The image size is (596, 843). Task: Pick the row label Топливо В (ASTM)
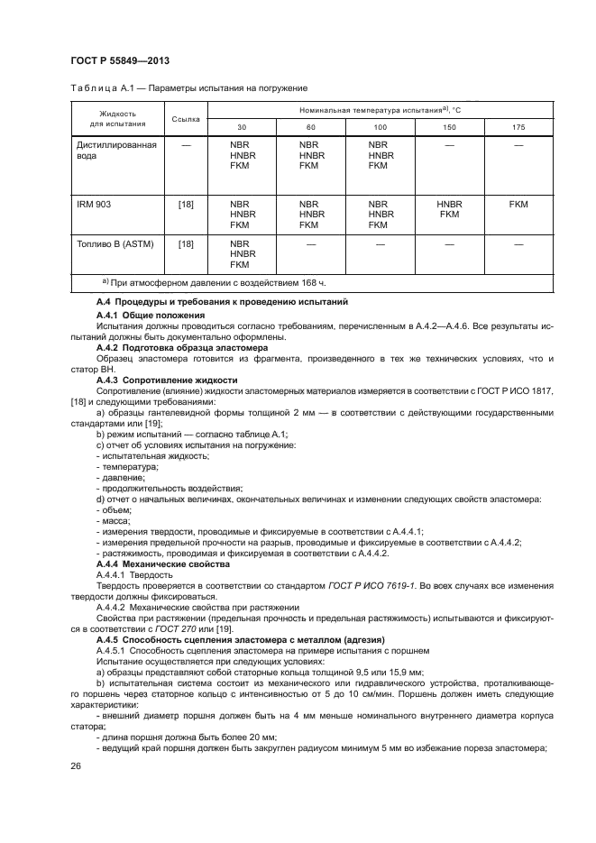click(x=112, y=244)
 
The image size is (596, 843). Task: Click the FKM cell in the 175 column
click(x=518, y=205)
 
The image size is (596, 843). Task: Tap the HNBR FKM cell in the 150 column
click(x=449, y=210)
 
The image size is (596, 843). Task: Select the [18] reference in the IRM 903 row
click(x=185, y=205)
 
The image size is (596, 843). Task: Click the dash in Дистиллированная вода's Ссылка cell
click(x=185, y=144)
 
